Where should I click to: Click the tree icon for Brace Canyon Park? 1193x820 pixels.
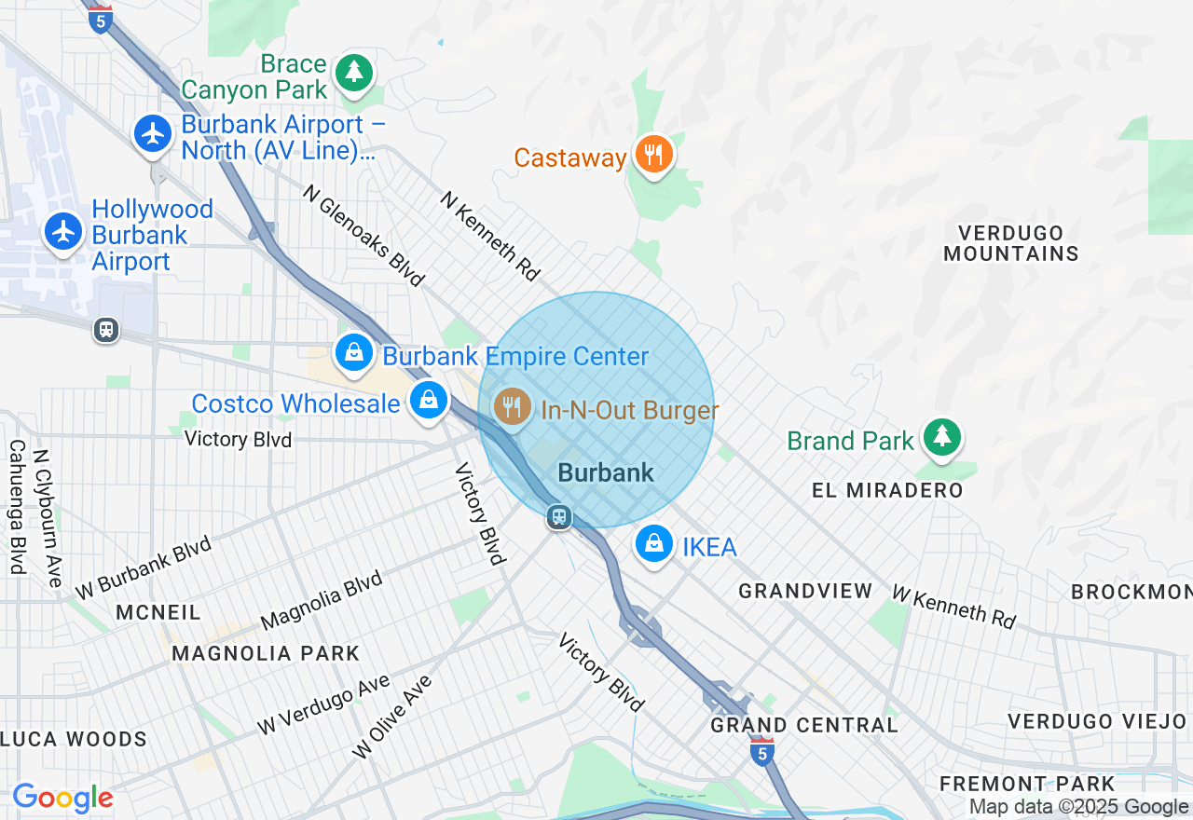coord(353,73)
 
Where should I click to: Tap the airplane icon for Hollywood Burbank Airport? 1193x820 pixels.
coord(63,230)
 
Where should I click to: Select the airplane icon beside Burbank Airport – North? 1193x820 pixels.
coord(153,133)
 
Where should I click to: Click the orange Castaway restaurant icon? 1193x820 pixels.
coord(653,155)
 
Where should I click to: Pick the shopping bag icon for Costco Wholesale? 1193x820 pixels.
coord(428,401)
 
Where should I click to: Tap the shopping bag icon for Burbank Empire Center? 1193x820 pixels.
coord(354,353)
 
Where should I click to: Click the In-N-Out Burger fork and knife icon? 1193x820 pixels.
coord(511,407)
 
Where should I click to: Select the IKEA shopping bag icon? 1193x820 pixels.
coord(654,543)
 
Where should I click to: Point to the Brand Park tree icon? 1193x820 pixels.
coord(942,437)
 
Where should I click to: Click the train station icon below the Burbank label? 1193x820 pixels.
coord(559,516)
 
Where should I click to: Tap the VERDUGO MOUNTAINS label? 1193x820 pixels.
coord(1010,242)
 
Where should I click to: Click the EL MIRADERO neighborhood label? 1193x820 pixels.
coord(886,490)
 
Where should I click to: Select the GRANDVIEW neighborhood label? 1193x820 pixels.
coord(805,591)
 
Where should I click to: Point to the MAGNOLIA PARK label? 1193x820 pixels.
coord(266,653)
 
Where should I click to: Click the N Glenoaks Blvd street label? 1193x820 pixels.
coord(363,234)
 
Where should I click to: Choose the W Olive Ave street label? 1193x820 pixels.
coord(392,717)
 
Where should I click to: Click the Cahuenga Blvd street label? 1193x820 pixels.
coord(17,506)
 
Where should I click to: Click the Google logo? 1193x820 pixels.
coord(62,798)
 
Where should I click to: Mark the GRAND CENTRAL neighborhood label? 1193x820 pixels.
coord(803,725)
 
